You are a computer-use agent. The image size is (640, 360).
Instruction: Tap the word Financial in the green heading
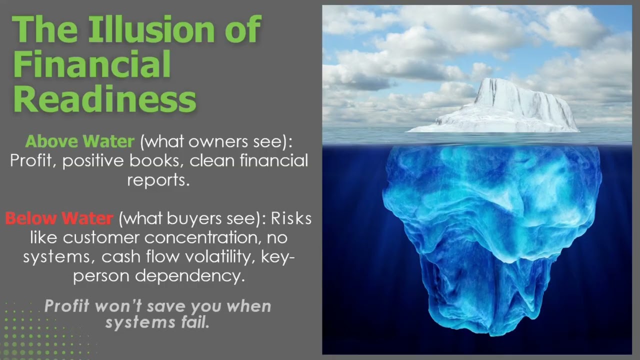tap(91, 64)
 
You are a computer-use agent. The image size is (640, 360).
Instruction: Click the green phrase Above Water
tap(79, 141)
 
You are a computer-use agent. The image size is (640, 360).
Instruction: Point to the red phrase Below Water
tap(59, 218)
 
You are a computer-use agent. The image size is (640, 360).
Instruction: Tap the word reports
tap(158, 180)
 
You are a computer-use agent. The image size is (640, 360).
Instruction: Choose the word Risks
tap(291, 218)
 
